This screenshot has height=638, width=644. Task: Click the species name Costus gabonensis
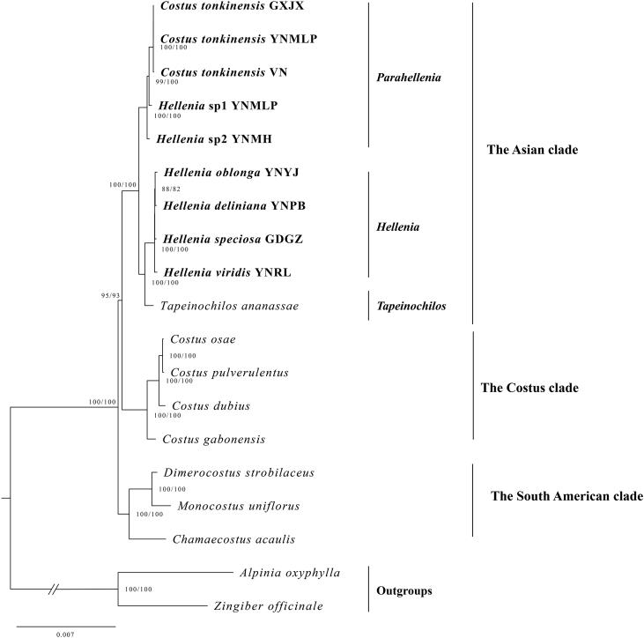tap(214, 438)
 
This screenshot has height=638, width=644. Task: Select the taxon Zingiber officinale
tap(267, 605)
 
